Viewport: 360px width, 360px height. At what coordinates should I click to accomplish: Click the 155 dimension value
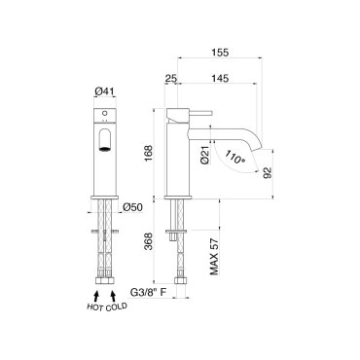click(x=220, y=53)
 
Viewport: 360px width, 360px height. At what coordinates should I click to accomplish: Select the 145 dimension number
click(x=220, y=78)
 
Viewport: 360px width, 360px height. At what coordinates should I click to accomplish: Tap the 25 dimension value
click(x=171, y=78)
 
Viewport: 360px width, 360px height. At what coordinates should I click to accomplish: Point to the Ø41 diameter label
click(x=105, y=92)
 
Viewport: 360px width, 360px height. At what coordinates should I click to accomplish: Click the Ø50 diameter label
click(x=133, y=207)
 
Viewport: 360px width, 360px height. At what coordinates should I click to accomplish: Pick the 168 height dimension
click(x=148, y=154)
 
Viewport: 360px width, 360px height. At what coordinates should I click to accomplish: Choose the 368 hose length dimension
click(x=148, y=241)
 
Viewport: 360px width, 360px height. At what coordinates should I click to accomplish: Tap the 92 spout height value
click(x=268, y=173)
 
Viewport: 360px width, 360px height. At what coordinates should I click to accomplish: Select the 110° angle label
click(x=234, y=157)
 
